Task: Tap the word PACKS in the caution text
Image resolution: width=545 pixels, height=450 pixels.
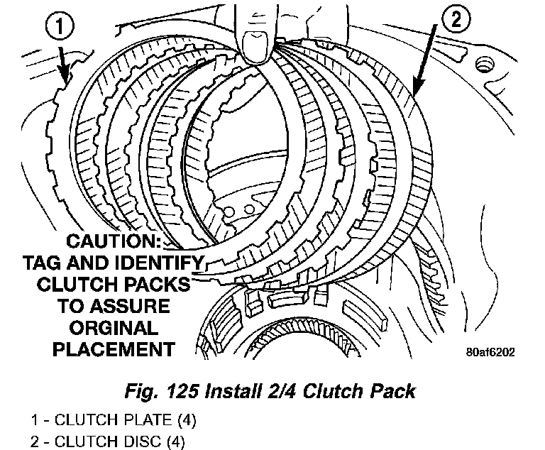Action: (x=158, y=285)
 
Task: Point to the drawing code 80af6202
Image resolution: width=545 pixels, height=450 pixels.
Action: (x=493, y=351)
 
